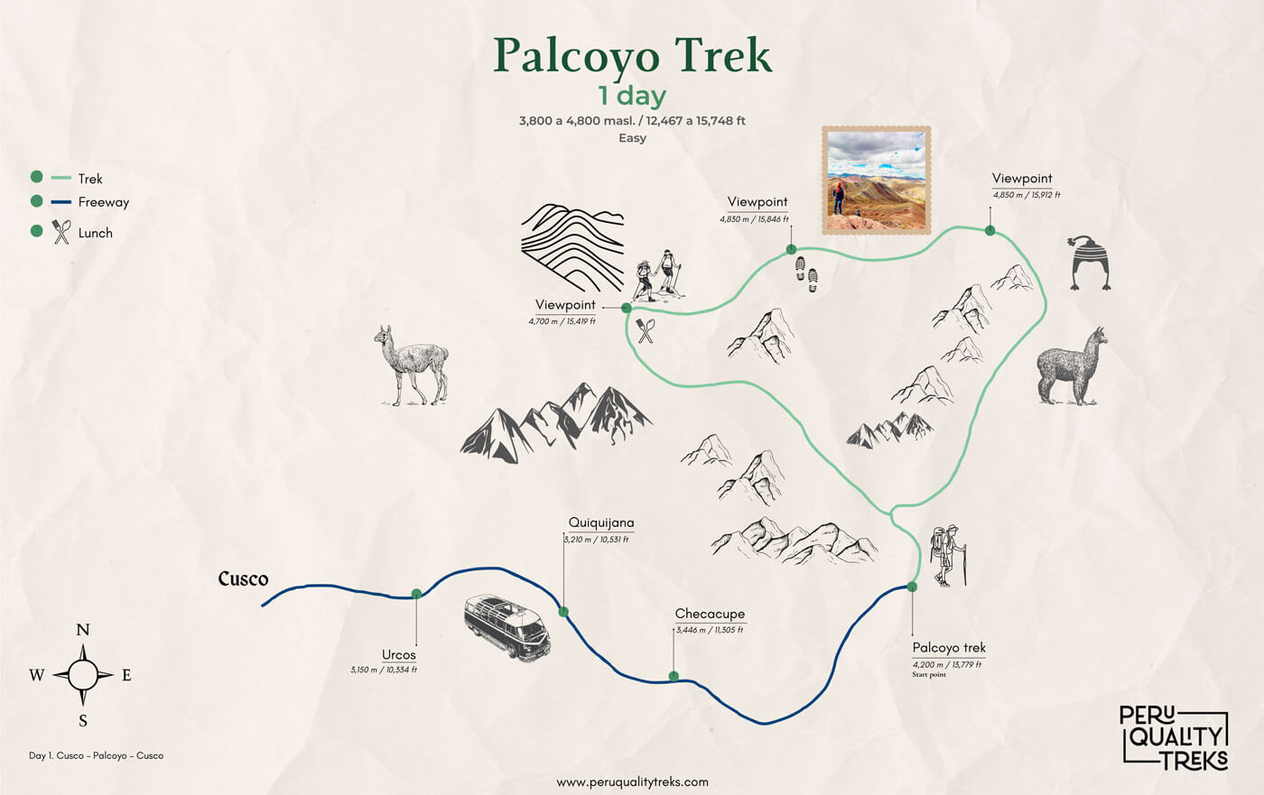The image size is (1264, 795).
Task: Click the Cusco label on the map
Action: tap(243, 578)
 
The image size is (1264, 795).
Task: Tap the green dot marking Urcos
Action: tap(416, 594)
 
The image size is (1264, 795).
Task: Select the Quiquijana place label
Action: tap(601, 522)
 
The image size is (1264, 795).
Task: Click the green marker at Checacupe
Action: tap(674, 676)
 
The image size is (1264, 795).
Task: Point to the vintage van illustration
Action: tap(507, 627)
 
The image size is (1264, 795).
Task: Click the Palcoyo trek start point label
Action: tap(949, 648)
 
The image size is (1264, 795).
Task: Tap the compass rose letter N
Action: tap(83, 630)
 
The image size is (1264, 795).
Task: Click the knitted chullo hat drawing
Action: tap(1089, 263)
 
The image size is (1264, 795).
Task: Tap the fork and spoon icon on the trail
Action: tap(645, 330)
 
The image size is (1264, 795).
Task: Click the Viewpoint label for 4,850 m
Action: tap(1022, 179)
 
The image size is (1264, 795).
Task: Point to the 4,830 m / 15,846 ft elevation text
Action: tap(754, 219)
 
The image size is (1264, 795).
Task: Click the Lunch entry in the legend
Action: tap(95, 233)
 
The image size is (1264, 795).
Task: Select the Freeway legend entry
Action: tap(103, 202)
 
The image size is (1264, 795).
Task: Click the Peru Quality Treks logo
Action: tap(1173, 736)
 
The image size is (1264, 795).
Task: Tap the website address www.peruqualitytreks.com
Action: tap(632, 782)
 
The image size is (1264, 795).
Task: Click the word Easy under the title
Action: tap(632, 138)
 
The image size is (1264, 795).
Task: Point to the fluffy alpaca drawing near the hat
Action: tap(1072, 366)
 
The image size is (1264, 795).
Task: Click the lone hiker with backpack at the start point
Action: tap(948, 555)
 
